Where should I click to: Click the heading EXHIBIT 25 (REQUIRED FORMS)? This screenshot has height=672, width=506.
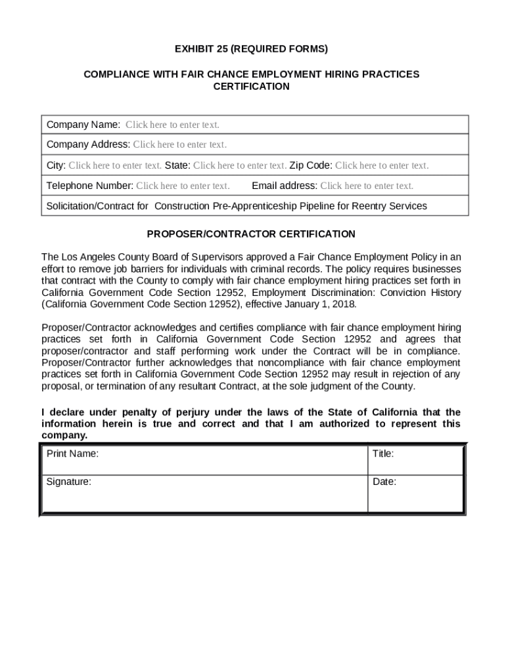pyautogui.click(x=251, y=49)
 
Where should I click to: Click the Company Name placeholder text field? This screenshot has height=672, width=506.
pyautogui.click(x=172, y=125)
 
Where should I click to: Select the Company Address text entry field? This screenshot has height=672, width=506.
pyautogui.click(x=179, y=144)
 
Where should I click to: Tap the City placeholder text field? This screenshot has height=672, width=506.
pyautogui.click(x=115, y=165)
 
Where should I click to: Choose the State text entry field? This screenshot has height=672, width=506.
pyautogui.click(x=239, y=165)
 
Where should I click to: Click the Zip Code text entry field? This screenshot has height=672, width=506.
pyautogui.click(x=381, y=165)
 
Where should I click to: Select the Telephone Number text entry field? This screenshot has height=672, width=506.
pyautogui.click(x=183, y=186)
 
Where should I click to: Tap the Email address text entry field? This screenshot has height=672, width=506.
pyautogui.click(x=367, y=186)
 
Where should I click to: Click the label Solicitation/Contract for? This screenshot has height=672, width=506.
pyautogui.click(x=97, y=206)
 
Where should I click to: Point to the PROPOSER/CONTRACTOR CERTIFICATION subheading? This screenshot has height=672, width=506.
pyautogui.click(x=251, y=234)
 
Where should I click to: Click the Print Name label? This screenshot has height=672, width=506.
pyautogui.click(x=72, y=453)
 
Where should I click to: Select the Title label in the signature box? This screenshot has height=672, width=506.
pyautogui.click(x=383, y=453)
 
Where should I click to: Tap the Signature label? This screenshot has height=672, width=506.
pyautogui.click(x=69, y=482)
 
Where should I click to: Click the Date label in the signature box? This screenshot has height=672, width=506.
pyautogui.click(x=384, y=482)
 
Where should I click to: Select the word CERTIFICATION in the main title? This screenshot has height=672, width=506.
pyautogui.click(x=251, y=87)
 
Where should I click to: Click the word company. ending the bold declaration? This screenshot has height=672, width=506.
pyautogui.click(x=64, y=435)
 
